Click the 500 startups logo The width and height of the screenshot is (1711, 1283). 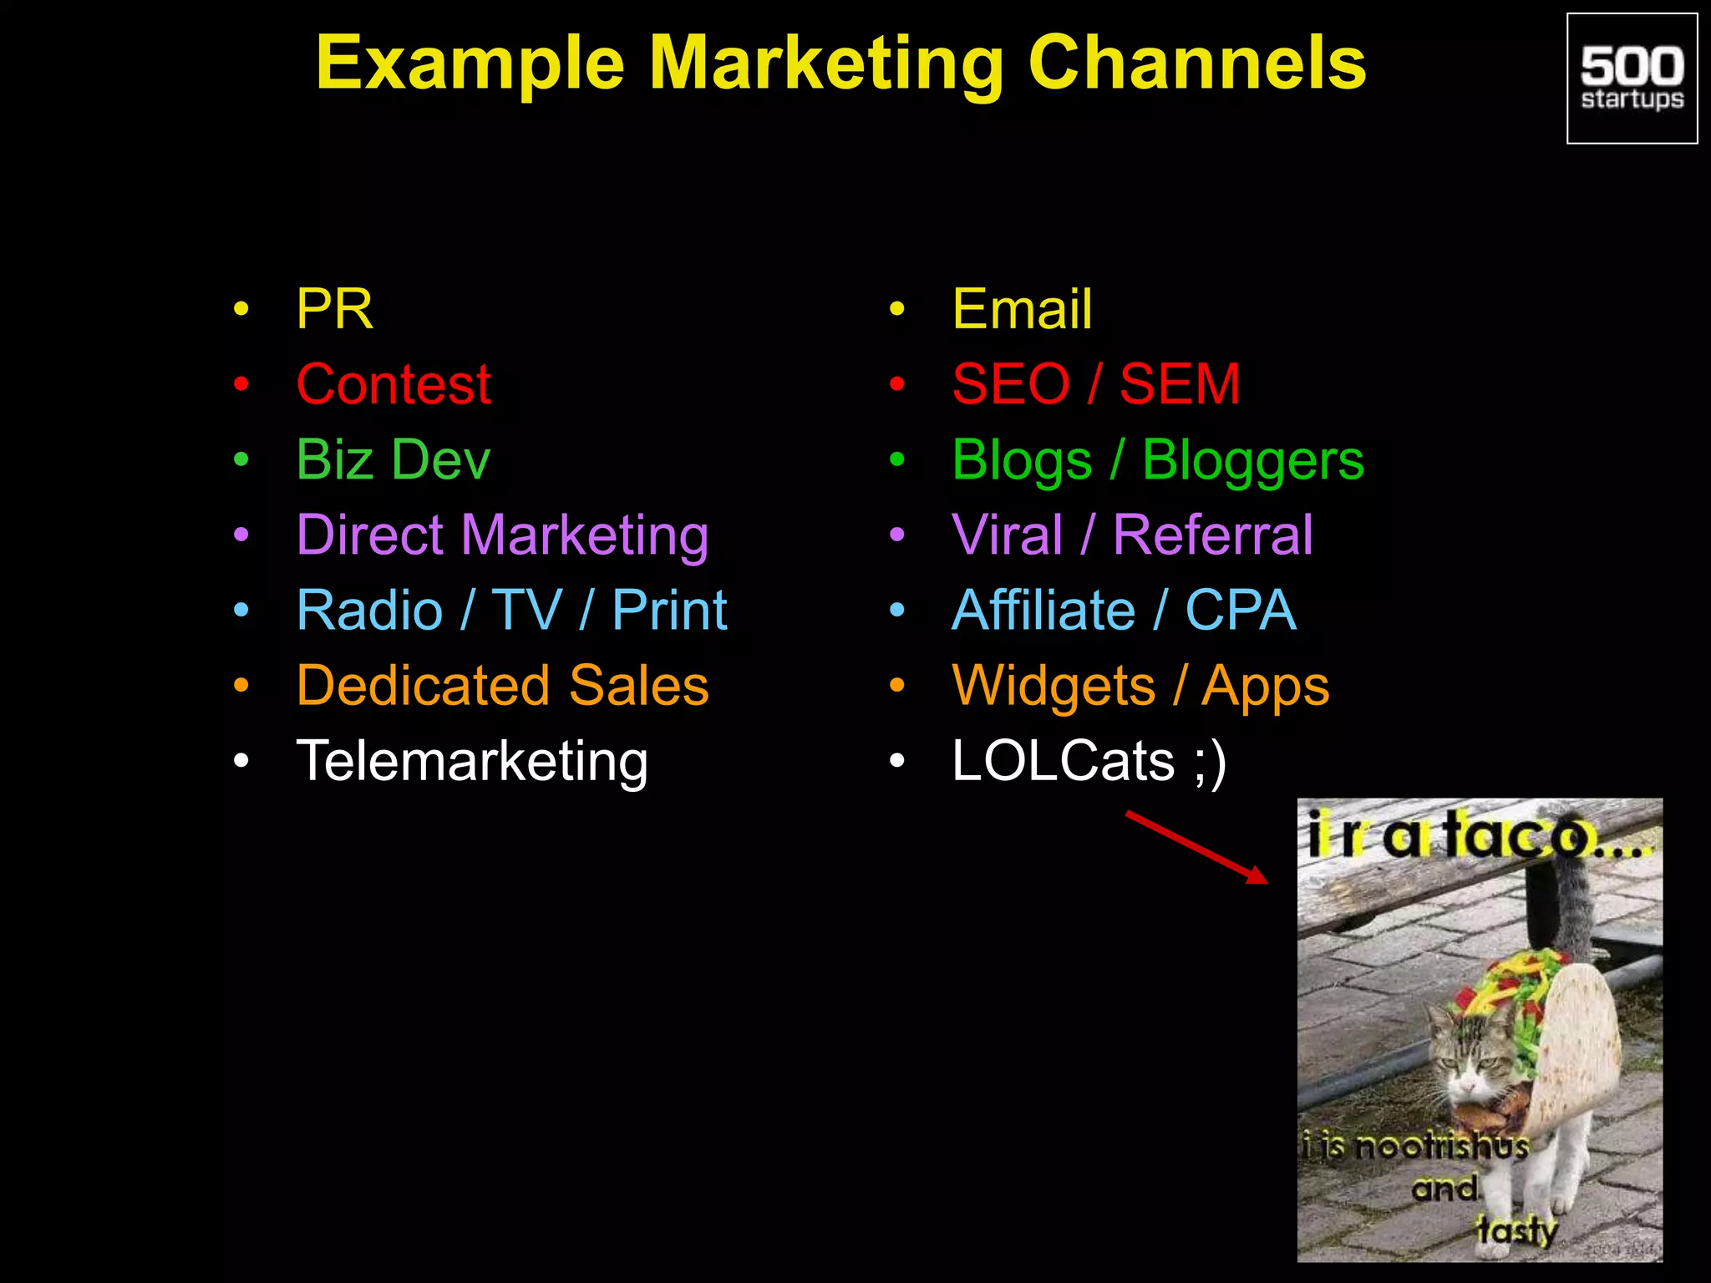[x=1632, y=79]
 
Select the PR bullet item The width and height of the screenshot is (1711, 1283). [x=334, y=309]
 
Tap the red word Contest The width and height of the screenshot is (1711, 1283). [x=393, y=384]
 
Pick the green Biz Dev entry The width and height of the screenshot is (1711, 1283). [x=393, y=459]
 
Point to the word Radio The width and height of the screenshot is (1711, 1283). [x=369, y=610]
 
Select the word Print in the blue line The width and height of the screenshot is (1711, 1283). [x=669, y=610]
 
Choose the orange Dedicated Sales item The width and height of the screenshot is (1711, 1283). [x=502, y=686]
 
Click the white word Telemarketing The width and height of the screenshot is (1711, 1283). [x=472, y=761]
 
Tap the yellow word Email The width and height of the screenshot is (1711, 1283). [x=1022, y=309]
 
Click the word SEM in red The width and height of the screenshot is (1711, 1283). [x=1180, y=384]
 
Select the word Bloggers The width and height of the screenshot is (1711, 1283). [x=1252, y=460]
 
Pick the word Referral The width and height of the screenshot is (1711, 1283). [x=1213, y=535]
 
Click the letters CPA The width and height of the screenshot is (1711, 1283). [x=1241, y=610]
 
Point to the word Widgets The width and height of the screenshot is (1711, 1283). [x=1054, y=686]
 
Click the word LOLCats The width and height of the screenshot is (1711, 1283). [x=1063, y=761]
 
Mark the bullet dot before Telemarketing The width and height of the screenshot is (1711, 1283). [x=241, y=761]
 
